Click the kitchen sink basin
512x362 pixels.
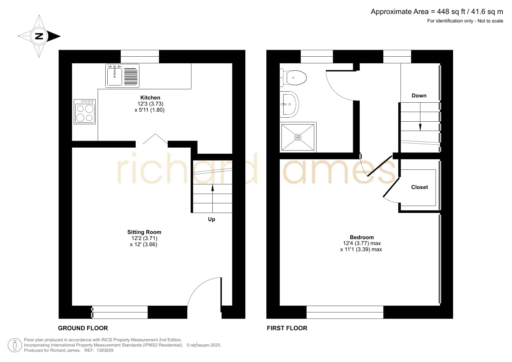114,76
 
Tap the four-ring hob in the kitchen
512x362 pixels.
85,112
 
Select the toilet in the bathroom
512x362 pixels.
293,78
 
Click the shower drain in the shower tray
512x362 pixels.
298,137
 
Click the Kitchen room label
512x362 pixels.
150,98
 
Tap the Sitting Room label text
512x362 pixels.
144,232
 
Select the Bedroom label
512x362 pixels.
362,237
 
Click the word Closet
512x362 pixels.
420,187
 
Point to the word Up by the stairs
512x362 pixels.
212,219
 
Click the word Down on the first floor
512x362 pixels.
419,96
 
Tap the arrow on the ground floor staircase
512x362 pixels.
212,198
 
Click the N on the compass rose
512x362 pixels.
39,36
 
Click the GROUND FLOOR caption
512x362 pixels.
83,328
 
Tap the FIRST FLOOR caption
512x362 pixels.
287,328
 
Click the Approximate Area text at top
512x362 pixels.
437,12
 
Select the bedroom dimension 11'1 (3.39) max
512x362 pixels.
361,249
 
